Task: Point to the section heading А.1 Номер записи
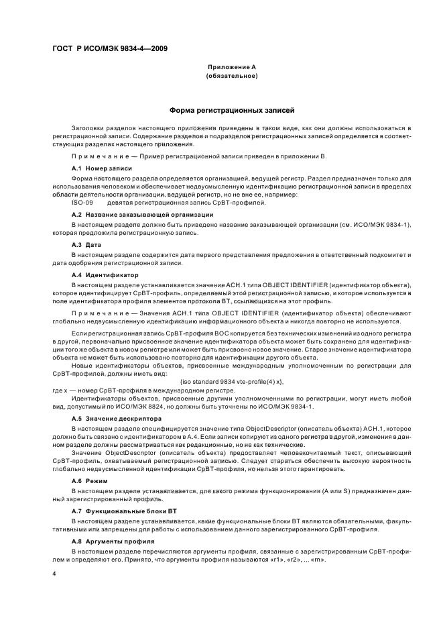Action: click(101, 168)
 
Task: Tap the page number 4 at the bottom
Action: click(55, 574)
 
